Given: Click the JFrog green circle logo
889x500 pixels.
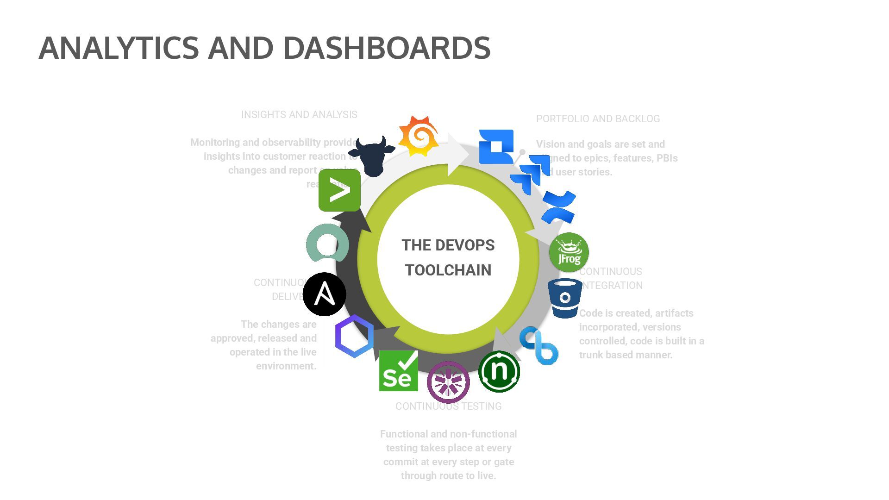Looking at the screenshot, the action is point(569,252).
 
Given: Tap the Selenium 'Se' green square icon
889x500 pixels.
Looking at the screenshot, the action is point(398,371).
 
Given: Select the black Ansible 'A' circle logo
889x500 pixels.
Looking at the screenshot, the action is point(325,294).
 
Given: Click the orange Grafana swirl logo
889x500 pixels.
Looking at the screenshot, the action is point(419,136).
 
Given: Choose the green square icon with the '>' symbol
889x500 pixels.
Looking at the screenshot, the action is point(339,190).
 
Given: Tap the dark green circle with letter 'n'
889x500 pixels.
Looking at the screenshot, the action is point(499,371).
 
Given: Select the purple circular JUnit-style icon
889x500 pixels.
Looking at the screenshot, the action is point(448,382).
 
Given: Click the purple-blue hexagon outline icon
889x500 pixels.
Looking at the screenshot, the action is point(354,336).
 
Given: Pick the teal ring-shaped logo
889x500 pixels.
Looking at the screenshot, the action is point(327,243).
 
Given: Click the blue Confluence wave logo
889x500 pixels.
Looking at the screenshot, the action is point(559,207).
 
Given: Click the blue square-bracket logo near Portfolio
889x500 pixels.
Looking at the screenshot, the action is point(496,146).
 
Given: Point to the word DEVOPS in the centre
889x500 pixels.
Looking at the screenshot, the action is point(465,245).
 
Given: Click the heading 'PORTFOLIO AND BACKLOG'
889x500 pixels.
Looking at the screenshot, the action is point(598,119).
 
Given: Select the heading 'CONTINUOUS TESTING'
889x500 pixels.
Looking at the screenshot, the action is point(448,406).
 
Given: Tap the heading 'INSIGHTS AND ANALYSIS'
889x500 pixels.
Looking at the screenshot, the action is point(299,115).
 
